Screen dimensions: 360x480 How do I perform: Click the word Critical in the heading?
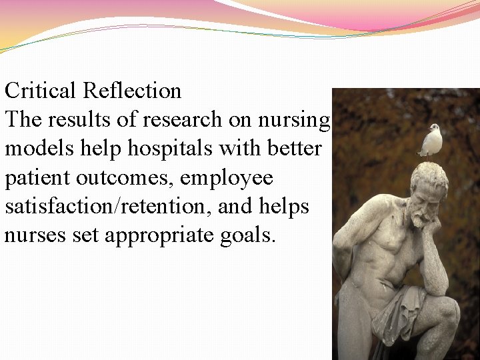click(x=41, y=91)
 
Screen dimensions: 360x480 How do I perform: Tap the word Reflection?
click(x=133, y=91)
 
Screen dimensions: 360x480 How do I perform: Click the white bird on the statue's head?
click(x=433, y=139)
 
